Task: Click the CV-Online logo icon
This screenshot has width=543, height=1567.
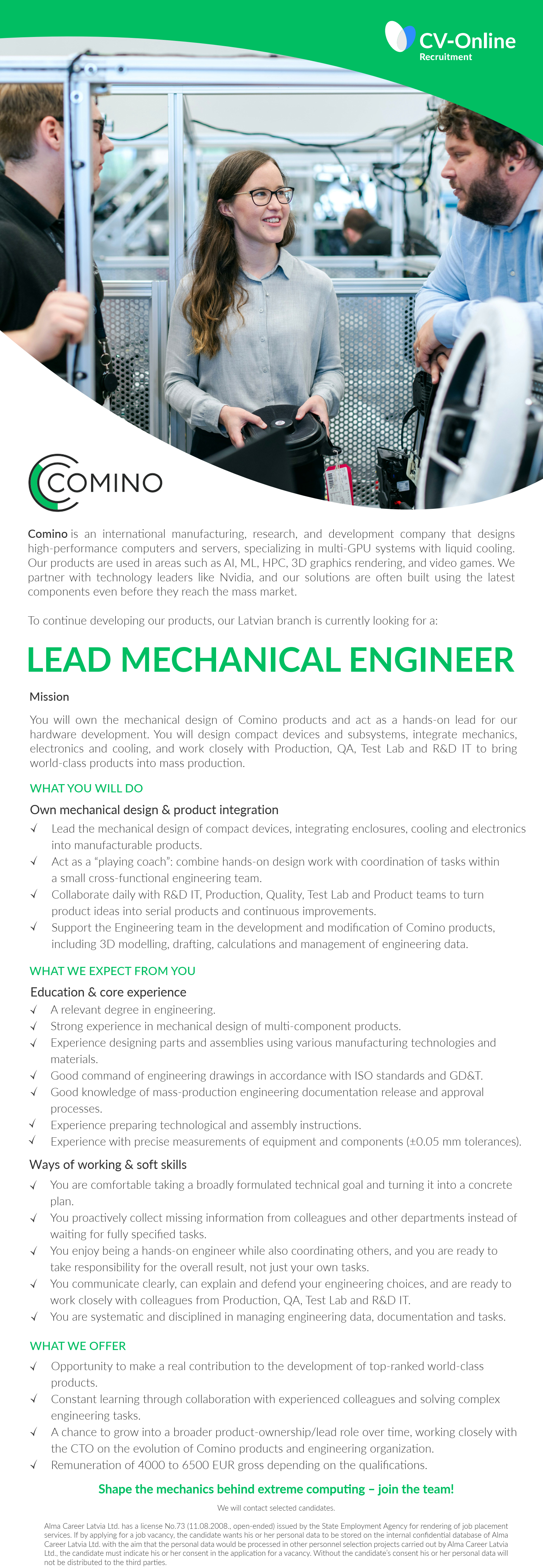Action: pyautogui.click(x=399, y=37)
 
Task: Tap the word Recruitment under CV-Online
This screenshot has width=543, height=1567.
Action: pyautogui.click(x=446, y=57)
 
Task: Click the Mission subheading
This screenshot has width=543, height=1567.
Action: pyautogui.click(x=49, y=696)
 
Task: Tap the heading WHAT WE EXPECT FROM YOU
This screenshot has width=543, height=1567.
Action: pyautogui.click(x=112, y=971)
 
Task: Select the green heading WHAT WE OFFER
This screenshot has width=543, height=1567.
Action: pyautogui.click(x=78, y=1346)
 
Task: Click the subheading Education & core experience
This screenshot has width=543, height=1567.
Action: pyautogui.click(x=108, y=992)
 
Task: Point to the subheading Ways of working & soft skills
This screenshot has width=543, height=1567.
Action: pyautogui.click(x=108, y=1164)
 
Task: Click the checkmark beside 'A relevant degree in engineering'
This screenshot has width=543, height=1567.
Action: pyautogui.click(x=34, y=1010)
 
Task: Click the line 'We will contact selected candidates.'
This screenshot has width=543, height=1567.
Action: pyautogui.click(x=276, y=1508)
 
